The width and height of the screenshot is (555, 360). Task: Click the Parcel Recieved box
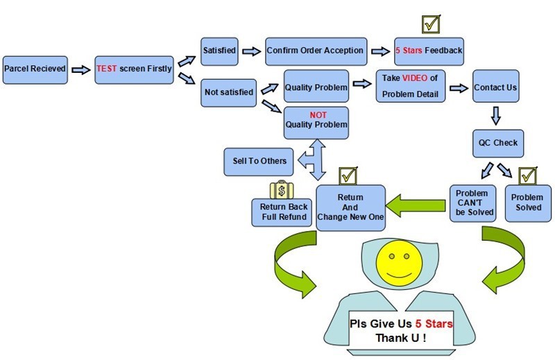click(35, 70)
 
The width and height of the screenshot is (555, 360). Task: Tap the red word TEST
click(107, 70)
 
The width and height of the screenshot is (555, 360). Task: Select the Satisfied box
click(219, 51)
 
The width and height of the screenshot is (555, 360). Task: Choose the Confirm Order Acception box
click(316, 51)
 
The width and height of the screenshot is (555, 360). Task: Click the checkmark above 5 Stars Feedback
click(432, 24)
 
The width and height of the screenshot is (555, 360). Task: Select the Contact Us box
click(495, 88)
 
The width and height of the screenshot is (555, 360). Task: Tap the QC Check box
click(497, 143)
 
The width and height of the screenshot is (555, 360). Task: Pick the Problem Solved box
click(528, 203)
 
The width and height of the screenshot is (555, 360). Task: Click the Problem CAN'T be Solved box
click(472, 203)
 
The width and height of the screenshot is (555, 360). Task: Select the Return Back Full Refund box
click(282, 212)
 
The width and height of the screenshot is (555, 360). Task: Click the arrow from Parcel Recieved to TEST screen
click(81, 70)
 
